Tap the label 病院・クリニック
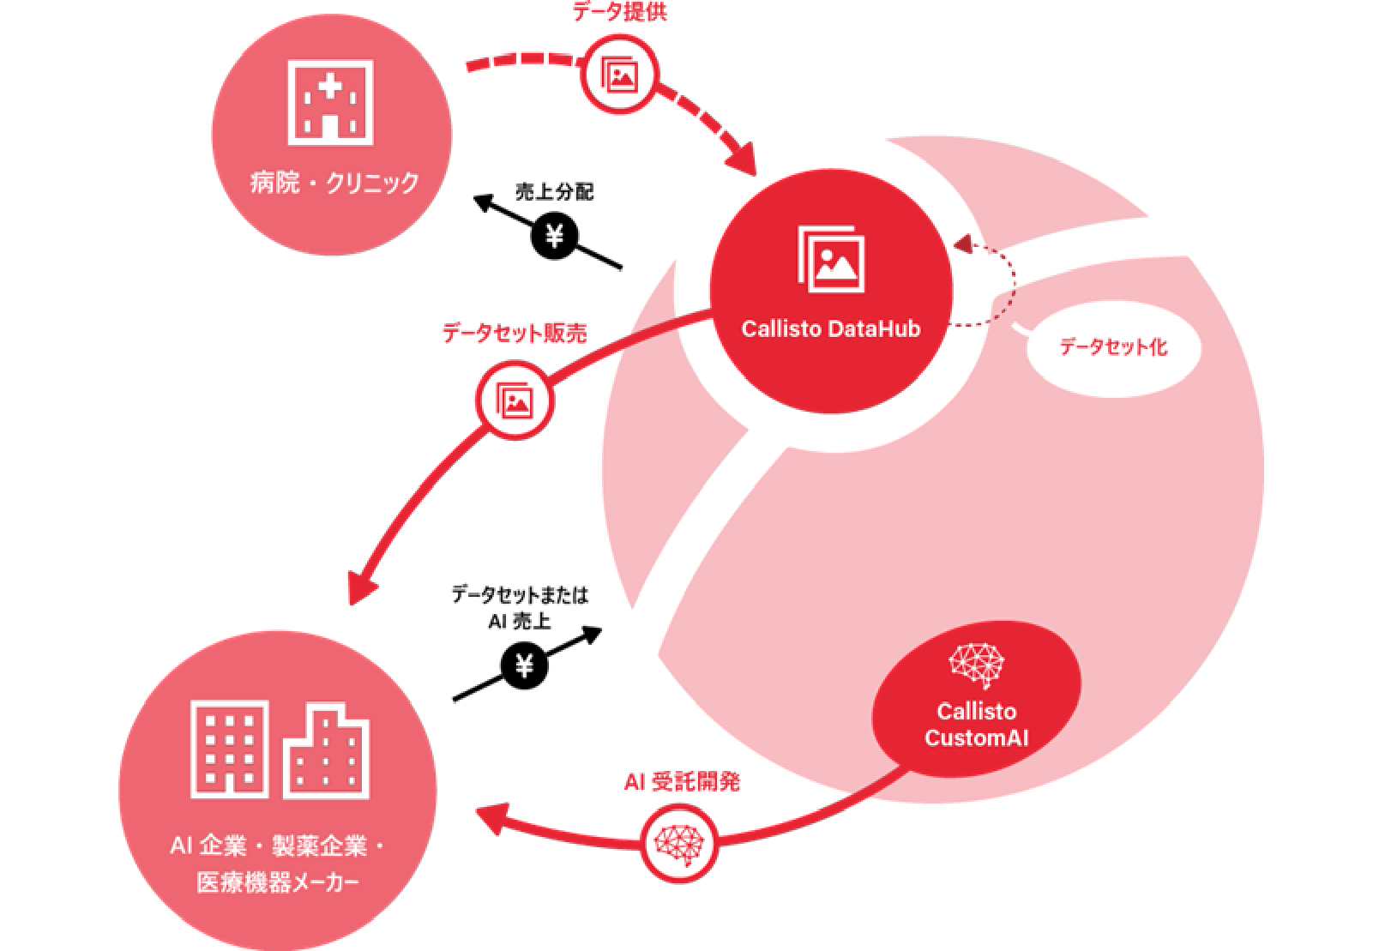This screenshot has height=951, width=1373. coord(334,183)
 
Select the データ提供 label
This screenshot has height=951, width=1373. coord(619,12)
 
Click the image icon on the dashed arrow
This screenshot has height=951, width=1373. coord(619,75)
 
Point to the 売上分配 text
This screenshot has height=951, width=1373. coord(554,191)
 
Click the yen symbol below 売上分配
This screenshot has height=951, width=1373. coord(555,235)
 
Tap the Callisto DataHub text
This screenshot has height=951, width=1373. coord(830,329)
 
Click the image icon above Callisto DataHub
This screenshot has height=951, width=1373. coord(830,258)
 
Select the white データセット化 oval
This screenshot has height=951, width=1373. coord(1113,347)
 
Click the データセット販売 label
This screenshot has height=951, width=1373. coord(515,333)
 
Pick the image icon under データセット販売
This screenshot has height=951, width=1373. coord(515,400)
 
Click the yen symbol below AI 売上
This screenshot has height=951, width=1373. coord(524,665)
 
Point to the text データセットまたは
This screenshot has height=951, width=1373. coord(520,594)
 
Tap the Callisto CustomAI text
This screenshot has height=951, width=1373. coord(976,725)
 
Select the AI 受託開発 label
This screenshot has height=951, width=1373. coord(682,782)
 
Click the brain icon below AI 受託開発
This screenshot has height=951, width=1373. coord(678,843)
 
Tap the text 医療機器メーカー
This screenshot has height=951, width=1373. coord(278,882)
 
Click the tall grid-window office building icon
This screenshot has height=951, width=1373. coord(229,748)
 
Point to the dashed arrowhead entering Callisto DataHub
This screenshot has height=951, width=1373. coord(962,244)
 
